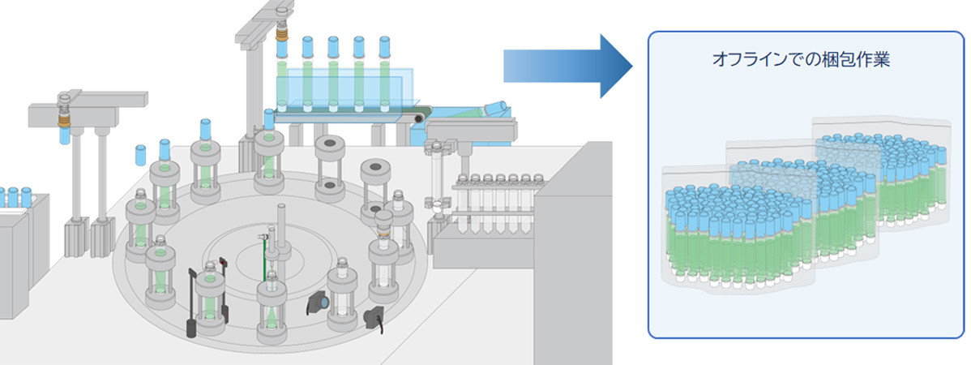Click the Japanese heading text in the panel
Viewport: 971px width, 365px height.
click(800, 61)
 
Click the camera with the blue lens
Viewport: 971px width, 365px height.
click(319, 303)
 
